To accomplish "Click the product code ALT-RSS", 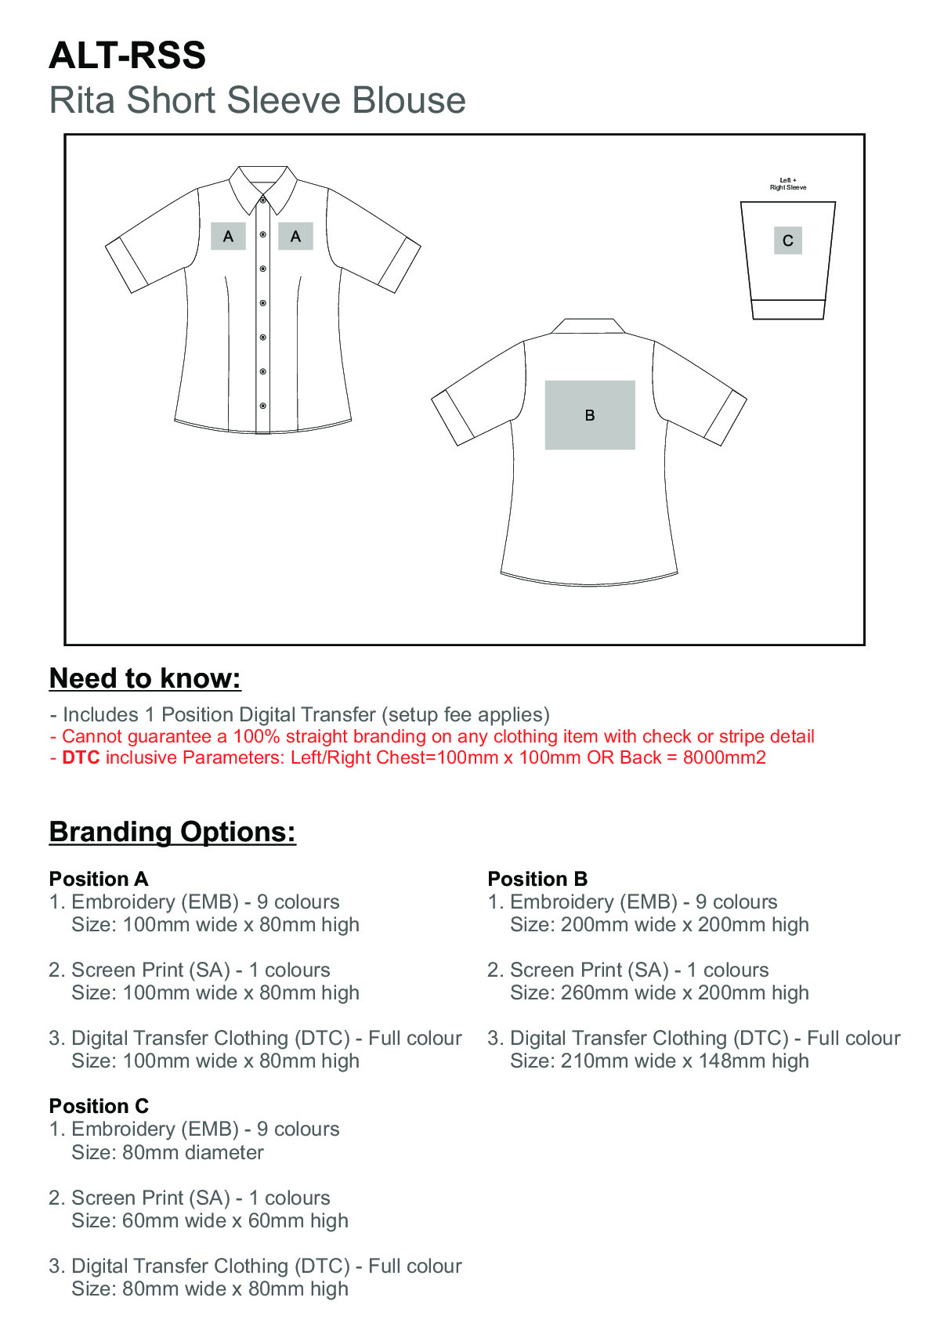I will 127,56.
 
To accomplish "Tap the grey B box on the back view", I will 590,415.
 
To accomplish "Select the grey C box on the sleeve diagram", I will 787,240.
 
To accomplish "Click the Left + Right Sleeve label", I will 787,184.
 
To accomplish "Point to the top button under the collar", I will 263,201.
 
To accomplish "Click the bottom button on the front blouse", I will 263,406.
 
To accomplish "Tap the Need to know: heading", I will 145,678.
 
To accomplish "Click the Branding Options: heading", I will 172,832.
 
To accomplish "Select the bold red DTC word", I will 81,757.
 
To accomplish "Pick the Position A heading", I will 99,879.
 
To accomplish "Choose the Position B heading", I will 537,879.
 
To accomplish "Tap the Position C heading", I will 99,1106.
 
